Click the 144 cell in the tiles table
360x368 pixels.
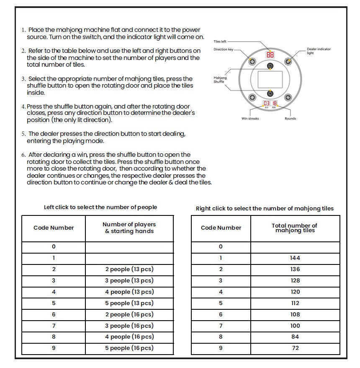coord(295,258)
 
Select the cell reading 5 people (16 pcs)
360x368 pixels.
coord(129,348)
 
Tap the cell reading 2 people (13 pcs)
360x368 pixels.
coord(129,270)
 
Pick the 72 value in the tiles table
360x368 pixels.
coord(295,348)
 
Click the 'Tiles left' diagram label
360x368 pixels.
coord(220,41)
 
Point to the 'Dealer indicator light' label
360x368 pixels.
coord(319,51)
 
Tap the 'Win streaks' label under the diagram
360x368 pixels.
coord(250,119)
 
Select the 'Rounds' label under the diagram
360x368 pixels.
coord(290,119)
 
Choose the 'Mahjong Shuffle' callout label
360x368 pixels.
coord(220,80)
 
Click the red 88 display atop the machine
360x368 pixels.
coord(270,55)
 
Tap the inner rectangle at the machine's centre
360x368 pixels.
coord(270,78)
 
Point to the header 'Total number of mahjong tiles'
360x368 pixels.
coord(295,228)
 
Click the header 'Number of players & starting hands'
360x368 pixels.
coord(129,228)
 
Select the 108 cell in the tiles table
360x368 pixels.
coord(295,314)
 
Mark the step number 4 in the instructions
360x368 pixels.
coord(23,107)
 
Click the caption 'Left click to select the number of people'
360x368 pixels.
coord(100,207)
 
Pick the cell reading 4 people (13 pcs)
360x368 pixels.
coord(129,292)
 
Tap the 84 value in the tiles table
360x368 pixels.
coord(295,337)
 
